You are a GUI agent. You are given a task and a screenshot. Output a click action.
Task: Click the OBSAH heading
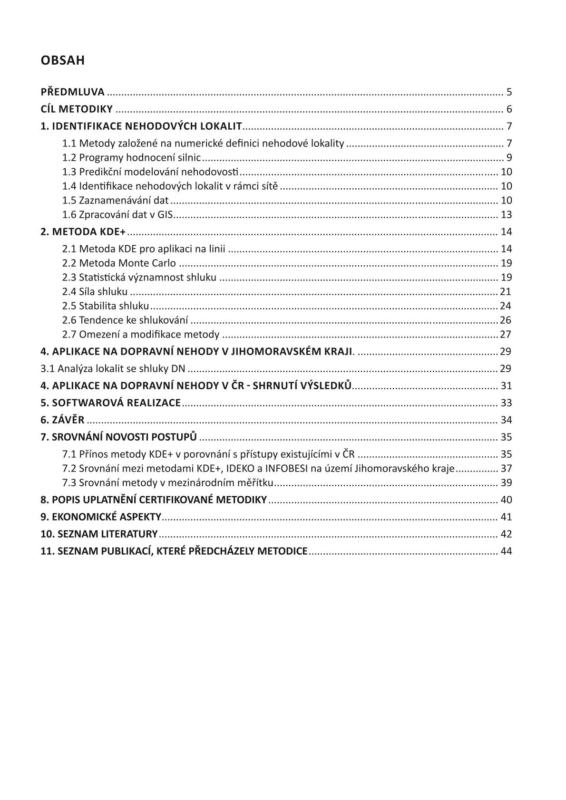point(62,60)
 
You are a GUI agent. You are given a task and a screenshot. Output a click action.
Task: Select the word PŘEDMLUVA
point(72,92)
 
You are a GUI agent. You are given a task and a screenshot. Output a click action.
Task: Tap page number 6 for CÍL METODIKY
point(509,109)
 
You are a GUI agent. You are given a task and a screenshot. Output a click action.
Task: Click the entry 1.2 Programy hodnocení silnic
point(132,157)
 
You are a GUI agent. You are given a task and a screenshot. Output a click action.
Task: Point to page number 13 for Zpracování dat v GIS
point(506,214)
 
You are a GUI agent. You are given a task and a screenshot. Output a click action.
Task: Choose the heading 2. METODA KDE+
point(83,232)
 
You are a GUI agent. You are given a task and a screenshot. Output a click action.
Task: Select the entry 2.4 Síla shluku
point(95,291)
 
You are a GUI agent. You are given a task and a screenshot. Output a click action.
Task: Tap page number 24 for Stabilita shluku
point(506,306)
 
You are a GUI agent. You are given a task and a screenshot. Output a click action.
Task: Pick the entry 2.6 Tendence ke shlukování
point(125,320)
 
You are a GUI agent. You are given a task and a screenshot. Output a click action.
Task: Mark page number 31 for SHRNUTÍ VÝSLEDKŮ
point(506,386)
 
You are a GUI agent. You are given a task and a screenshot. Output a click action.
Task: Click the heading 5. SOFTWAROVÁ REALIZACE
point(110,403)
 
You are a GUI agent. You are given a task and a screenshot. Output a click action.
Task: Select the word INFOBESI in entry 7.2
point(286,468)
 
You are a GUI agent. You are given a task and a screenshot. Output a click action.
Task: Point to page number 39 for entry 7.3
point(506,482)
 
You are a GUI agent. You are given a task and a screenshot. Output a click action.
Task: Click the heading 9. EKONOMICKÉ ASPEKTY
point(101,517)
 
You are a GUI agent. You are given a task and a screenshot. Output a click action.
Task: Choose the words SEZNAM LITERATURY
point(107,534)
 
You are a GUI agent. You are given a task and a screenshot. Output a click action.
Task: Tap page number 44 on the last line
point(506,551)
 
